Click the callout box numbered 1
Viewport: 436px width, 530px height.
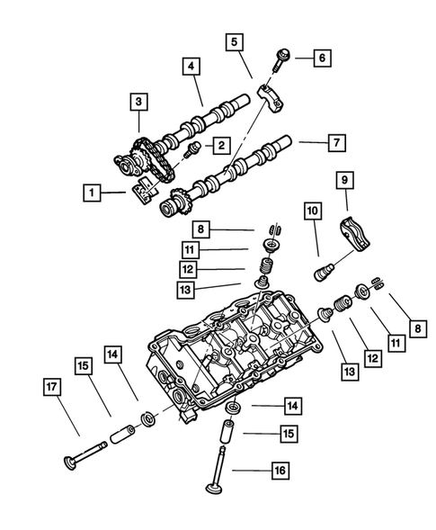pyautogui.click(x=92, y=192)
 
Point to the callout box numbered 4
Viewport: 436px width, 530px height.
pyautogui.click(x=191, y=66)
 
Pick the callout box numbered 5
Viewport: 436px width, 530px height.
pyautogui.click(x=234, y=41)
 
